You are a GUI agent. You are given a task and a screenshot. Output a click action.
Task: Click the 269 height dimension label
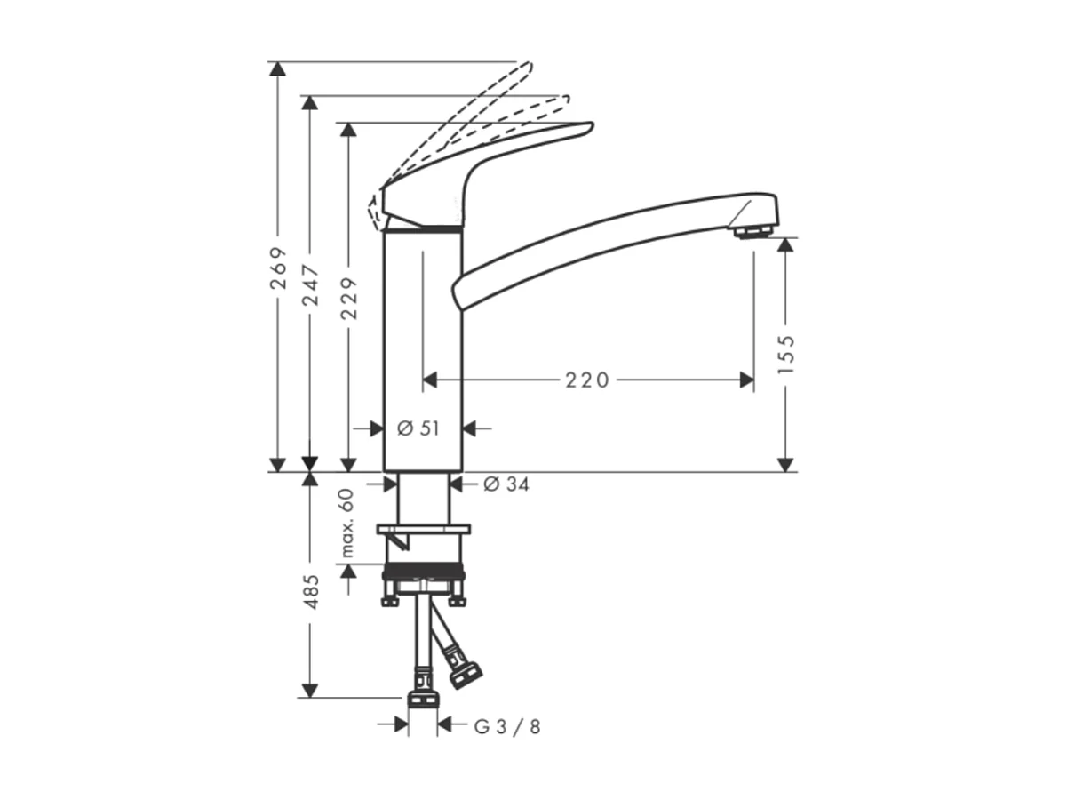coord(279,268)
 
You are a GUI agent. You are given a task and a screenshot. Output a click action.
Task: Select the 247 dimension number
coord(311,284)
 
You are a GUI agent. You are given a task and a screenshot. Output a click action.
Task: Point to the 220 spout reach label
coord(588,380)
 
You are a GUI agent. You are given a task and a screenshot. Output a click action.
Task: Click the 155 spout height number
coord(785,354)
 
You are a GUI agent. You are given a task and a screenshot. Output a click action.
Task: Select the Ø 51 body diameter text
coord(418,428)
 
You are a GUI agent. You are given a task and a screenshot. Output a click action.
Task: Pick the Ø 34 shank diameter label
coord(506,484)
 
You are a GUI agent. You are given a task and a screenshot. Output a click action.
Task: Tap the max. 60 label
coord(346,524)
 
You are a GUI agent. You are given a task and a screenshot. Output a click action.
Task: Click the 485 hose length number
coord(311,591)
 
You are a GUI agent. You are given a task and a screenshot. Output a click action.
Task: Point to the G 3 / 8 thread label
coord(507,726)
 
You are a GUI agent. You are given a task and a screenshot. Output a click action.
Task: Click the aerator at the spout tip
coord(752,232)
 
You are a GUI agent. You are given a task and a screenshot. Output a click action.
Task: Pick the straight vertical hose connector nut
coord(422,698)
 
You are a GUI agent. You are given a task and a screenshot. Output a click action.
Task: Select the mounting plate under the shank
coord(422,530)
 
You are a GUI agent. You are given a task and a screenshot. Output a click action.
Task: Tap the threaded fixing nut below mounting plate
coord(422,573)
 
